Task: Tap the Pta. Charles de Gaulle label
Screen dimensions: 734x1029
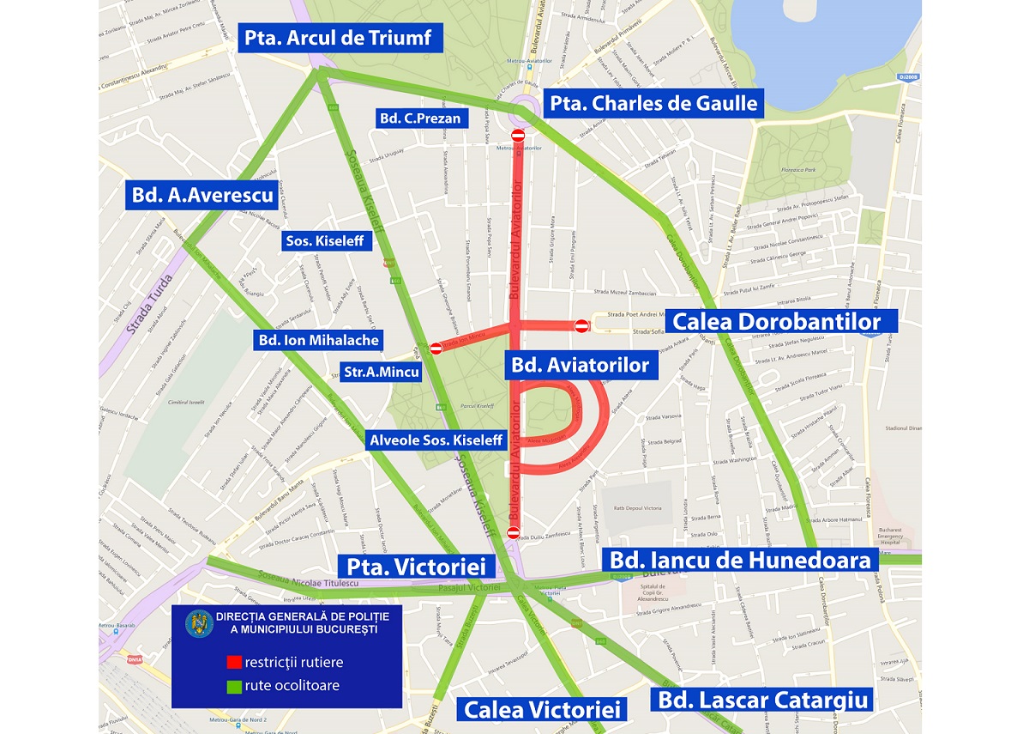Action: (655, 104)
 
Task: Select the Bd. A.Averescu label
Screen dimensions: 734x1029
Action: (202, 195)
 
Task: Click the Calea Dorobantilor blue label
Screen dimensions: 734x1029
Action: (777, 322)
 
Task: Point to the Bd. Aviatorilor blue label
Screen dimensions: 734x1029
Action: (581, 365)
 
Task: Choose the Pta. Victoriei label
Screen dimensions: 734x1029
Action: (418, 567)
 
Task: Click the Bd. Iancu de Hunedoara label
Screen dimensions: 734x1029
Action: (741, 561)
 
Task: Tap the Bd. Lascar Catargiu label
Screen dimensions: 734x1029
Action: (764, 699)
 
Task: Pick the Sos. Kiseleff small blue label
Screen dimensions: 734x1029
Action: (328, 242)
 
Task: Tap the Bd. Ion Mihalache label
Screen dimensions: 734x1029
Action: (318, 340)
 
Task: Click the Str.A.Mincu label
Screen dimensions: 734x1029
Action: (381, 373)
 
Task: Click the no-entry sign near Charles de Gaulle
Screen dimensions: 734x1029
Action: (517, 136)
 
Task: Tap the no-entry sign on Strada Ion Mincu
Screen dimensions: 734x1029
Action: (436, 348)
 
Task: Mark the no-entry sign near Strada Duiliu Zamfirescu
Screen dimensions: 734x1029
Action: (513, 533)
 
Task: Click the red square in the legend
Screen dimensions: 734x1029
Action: (233, 662)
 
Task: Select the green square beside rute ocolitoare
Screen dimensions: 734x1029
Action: (233, 685)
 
